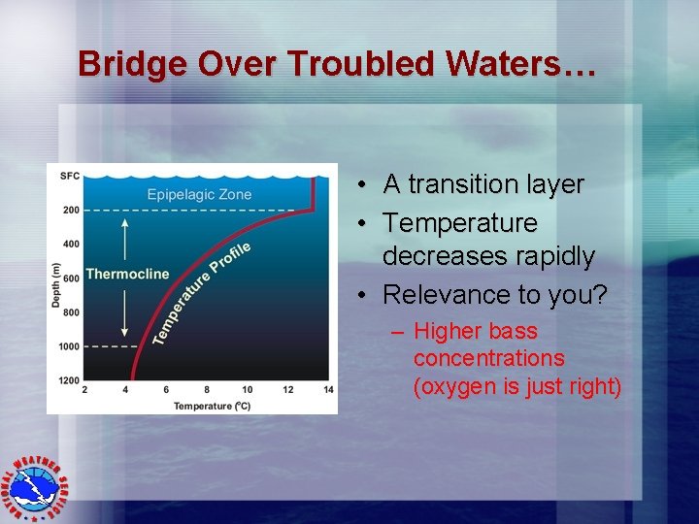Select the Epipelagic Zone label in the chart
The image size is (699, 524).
pyautogui.click(x=199, y=194)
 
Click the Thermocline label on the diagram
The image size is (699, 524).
pyautogui.click(x=127, y=274)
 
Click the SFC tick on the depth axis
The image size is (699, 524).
pyautogui.click(x=70, y=176)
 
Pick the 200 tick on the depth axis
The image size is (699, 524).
pyautogui.click(x=71, y=210)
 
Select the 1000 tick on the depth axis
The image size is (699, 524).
pyautogui.click(x=69, y=346)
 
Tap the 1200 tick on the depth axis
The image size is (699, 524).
pyautogui.click(x=69, y=380)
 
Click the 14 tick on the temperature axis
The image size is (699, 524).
pyautogui.click(x=328, y=390)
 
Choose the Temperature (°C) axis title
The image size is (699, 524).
pyautogui.click(x=212, y=406)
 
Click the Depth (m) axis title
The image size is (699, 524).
pyautogui.click(x=55, y=286)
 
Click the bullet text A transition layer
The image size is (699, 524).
pyautogui.click(x=483, y=184)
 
